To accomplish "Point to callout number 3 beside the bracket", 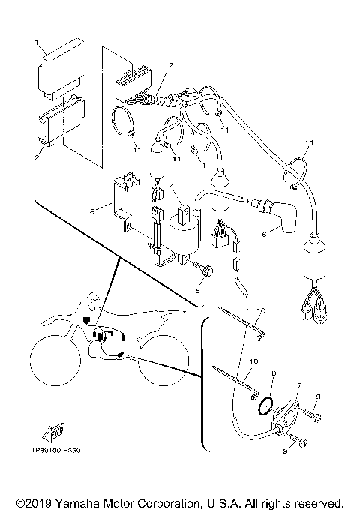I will (92, 212).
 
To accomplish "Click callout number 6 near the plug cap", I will (262, 234).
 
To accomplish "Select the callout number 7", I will (298, 385).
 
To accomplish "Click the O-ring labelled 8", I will (263, 406).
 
